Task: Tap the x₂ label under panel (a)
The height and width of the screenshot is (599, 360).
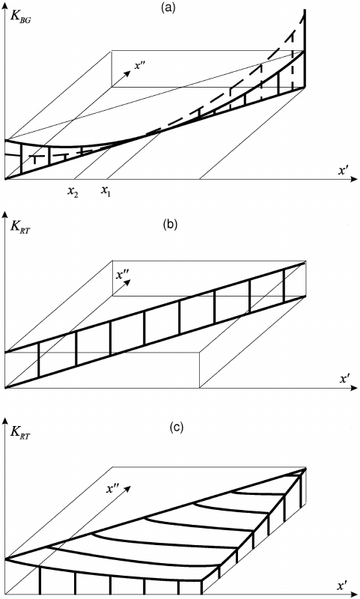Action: click(73, 191)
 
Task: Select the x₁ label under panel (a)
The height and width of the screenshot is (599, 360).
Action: click(106, 190)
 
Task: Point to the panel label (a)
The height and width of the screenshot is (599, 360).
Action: click(168, 7)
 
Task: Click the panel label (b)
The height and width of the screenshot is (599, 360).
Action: click(169, 224)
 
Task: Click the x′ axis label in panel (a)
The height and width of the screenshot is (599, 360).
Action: click(343, 170)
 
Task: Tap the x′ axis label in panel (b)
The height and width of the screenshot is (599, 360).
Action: click(345, 379)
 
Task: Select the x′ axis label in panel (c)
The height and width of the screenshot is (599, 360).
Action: click(342, 586)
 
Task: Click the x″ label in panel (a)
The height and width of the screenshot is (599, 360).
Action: click(140, 64)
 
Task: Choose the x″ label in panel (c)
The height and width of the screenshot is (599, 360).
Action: click(111, 489)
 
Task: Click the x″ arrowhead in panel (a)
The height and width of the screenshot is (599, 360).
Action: click(128, 72)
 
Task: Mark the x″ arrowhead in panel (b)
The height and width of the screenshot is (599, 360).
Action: click(129, 282)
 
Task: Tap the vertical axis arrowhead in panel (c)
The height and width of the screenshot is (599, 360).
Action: click(4, 421)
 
